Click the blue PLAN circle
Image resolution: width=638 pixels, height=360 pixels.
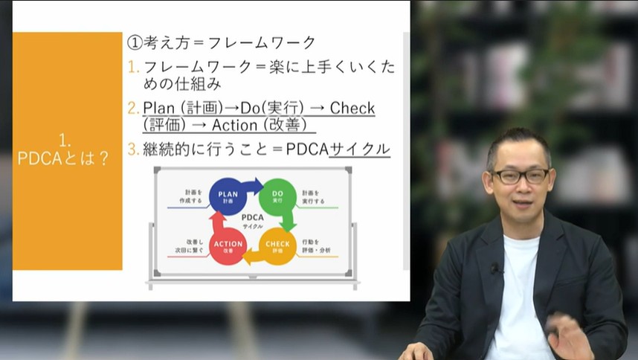point(228,196)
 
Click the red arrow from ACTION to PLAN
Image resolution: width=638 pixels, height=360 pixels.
point(216,220)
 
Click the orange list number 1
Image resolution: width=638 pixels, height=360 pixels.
point(133,67)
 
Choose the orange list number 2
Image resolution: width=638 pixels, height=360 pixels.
point(133,108)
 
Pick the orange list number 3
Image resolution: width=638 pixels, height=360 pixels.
point(133,149)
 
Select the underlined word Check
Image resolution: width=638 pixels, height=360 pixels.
point(352,108)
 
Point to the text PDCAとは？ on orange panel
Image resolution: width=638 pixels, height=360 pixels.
point(63,158)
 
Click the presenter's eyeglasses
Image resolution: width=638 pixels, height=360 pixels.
point(521,176)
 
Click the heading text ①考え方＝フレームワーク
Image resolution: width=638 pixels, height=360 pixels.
point(222,42)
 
